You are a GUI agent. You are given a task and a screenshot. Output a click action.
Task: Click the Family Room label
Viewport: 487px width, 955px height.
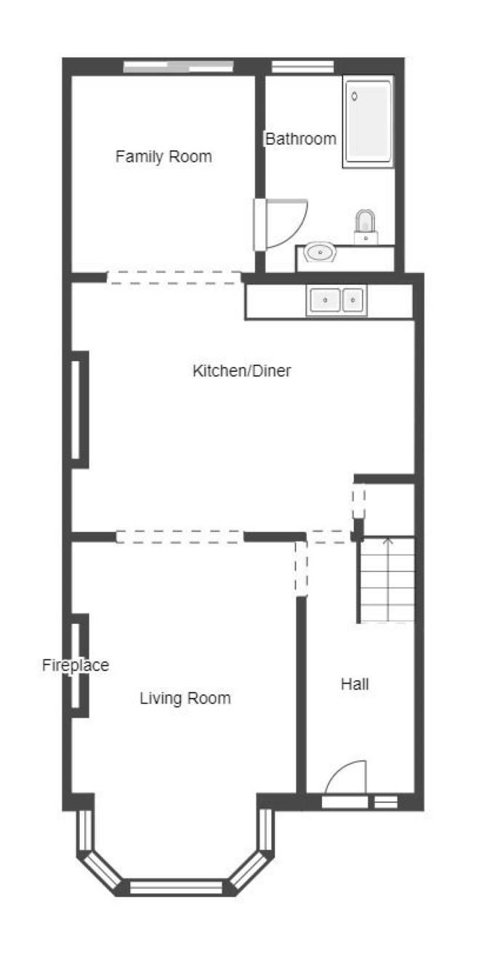(x=164, y=156)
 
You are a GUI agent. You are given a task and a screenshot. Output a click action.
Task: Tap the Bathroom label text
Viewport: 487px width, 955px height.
(x=300, y=138)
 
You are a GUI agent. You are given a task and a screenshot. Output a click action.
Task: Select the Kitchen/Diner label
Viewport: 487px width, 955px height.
(x=241, y=370)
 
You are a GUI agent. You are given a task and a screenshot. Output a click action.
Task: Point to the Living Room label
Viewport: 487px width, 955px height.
(x=185, y=698)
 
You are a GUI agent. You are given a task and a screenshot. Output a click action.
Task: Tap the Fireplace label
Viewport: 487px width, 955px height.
(x=76, y=665)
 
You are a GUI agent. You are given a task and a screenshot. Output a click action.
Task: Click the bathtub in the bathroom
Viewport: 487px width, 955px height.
(x=368, y=122)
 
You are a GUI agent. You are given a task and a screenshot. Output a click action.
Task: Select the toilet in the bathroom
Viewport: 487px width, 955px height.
(x=366, y=227)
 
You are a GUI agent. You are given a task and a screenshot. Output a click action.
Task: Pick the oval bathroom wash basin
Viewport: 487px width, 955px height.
(x=320, y=253)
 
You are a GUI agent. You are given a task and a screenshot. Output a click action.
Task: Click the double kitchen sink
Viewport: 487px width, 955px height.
(x=337, y=300)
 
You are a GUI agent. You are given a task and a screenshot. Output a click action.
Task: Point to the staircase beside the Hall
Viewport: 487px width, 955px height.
(x=387, y=580)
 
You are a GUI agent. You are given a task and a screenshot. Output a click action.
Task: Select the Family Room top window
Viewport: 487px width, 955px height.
(x=179, y=67)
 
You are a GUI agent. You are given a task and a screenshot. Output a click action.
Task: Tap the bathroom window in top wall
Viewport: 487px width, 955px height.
(x=302, y=67)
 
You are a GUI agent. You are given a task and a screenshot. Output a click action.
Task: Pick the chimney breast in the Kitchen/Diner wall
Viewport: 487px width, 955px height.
(x=80, y=410)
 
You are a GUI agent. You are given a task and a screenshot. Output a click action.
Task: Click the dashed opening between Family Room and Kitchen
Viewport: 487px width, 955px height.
(x=174, y=277)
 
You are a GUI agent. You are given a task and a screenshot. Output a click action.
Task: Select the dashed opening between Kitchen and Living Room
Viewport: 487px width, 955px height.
(x=180, y=536)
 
